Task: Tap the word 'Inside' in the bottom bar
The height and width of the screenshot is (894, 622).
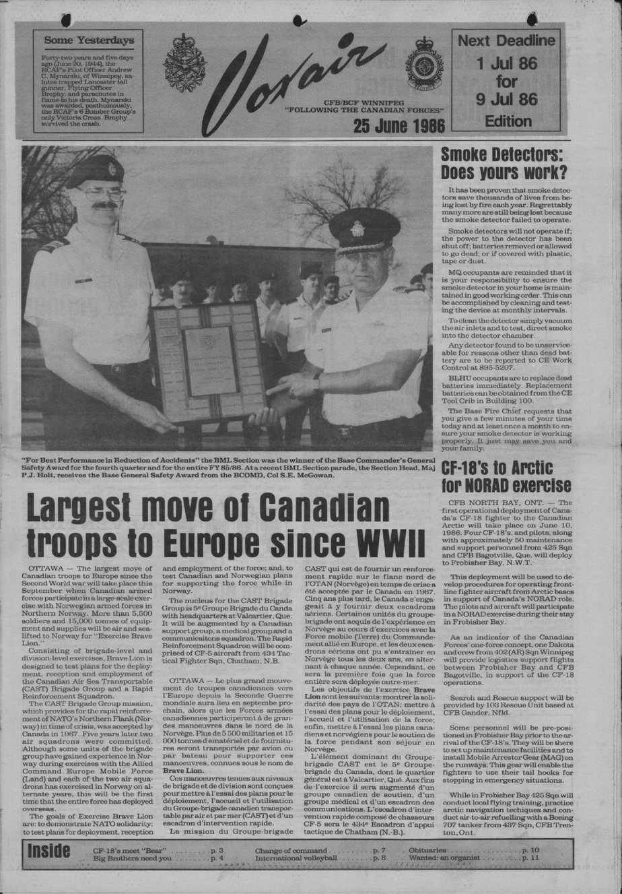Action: (48, 852)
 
